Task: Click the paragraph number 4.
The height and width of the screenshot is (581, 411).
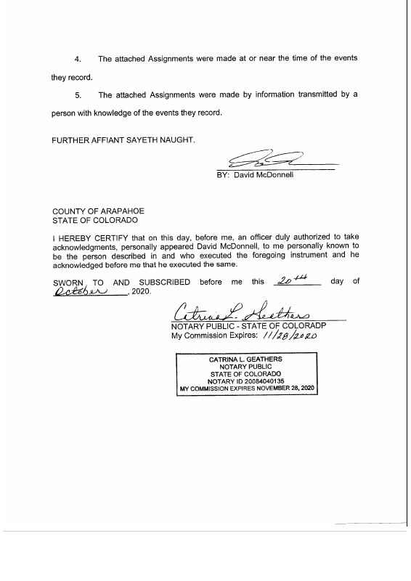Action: [x=79, y=58]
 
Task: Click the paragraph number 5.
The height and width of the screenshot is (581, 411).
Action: [x=79, y=95]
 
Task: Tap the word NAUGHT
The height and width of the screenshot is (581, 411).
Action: [x=176, y=139]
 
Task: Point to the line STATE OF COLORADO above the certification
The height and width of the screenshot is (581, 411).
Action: [x=94, y=220]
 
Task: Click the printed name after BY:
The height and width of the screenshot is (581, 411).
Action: [x=263, y=175]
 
